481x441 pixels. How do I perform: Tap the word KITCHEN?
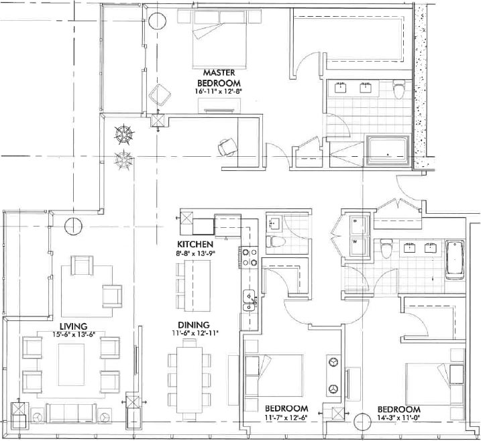click(196, 244)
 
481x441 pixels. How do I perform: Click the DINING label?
click(195, 325)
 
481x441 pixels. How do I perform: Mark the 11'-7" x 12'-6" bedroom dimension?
click(286, 420)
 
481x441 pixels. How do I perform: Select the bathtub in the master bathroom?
click(388, 149)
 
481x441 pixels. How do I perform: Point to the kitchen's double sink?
click(248, 298)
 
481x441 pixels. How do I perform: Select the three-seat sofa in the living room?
click(70, 412)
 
